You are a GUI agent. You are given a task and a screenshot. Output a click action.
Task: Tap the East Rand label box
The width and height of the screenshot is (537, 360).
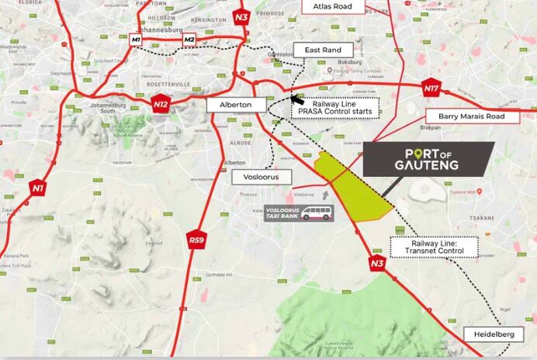(322, 50)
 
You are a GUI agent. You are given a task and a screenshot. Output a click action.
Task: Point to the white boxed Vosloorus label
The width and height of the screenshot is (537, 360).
(262, 177)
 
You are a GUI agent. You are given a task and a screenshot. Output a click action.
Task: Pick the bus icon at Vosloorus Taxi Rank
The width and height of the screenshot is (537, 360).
(317, 213)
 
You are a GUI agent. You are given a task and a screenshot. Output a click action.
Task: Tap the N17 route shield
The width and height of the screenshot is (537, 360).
(431, 88)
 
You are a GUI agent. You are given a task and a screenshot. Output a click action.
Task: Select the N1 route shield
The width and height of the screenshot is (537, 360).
(37, 187)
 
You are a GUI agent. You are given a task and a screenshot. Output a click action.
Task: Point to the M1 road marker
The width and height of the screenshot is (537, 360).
(137, 39)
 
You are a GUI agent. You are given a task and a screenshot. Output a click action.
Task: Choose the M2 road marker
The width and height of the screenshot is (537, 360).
(189, 39)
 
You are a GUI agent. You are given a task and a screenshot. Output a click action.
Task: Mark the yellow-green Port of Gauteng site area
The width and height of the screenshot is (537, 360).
(353, 186)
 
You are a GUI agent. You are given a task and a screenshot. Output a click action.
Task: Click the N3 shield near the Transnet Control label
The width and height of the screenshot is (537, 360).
(377, 262)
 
